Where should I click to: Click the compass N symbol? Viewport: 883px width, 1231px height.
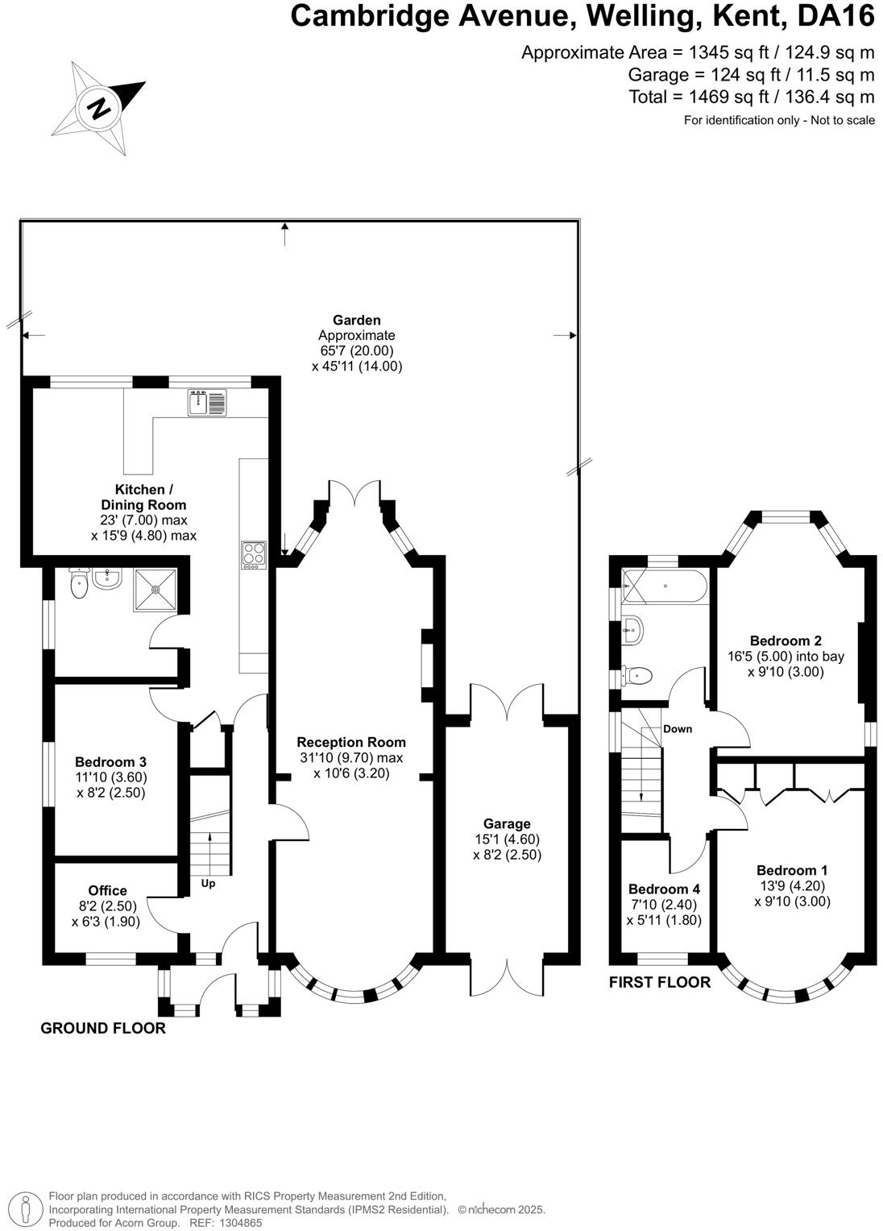pos(99,108)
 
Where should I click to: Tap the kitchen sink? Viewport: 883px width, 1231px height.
pos(206,402)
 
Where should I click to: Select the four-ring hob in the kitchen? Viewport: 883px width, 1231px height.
pos(253,556)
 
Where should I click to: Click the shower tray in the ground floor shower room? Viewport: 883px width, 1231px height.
pos(155,590)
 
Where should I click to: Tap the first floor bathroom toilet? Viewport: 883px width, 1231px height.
pos(636,675)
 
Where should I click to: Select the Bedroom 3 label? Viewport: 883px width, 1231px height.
pos(111,761)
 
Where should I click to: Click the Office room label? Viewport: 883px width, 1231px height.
pos(108,890)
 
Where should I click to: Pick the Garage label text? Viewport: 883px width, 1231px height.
pos(507,823)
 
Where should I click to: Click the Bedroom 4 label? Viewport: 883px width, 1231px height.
pos(664,889)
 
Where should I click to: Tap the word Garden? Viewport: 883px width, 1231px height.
pos(357,320)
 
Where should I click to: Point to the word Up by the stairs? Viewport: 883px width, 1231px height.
pos(208,884)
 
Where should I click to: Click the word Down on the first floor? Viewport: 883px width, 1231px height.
pos(678,729)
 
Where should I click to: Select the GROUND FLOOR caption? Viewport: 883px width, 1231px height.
pos(103,1028)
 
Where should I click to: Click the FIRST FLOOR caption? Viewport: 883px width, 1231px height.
pos(659,982)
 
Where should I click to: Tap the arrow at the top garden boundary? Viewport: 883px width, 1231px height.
pos(284,234)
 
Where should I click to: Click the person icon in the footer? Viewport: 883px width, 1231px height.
pos(25,1209)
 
